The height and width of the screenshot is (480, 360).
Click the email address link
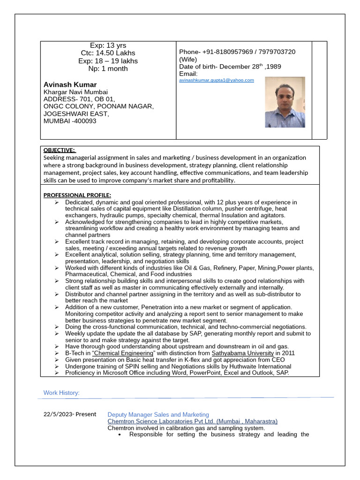[216, 80]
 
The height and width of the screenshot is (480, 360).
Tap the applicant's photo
[285, 102]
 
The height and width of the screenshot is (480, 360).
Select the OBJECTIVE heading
[59, 150]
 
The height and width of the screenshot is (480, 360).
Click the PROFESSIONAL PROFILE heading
[77, 195]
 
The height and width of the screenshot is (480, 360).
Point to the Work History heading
[61, 393]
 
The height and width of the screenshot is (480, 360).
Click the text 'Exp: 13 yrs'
[108, 45]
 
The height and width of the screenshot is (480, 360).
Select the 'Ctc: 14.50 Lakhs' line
[108, 53]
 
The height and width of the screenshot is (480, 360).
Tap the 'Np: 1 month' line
[108, 69]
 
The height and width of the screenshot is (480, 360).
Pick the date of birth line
[230, 67]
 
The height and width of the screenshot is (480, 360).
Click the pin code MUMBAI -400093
[70, 121]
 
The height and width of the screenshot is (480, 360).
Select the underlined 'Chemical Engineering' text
[123, 353]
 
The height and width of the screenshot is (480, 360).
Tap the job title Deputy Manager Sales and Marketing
[158, 415]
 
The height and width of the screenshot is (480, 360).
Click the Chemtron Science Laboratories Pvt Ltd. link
[192, 421]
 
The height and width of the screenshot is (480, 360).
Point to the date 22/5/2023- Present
[69, 414]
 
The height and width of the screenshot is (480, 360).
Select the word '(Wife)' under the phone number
[188, 60]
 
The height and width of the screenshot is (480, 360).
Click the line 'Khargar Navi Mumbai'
[75, 92]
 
